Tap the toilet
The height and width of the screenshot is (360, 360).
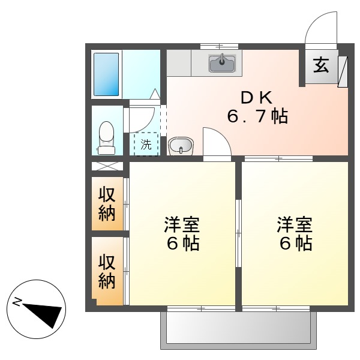point(106,137)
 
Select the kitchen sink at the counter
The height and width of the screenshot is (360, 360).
point(222,61)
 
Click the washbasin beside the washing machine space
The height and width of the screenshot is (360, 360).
point(181,146)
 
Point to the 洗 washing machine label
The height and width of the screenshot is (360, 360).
point(146,144)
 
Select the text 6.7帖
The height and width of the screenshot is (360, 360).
point(257,116)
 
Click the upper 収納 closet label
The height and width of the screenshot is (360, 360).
point(107,204)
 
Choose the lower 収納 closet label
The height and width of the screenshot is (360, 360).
point(107,271)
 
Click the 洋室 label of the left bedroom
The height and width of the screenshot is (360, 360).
point(182,225)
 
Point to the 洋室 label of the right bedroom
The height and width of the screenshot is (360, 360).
point(294,225)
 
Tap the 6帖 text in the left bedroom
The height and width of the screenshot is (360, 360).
point(182,244)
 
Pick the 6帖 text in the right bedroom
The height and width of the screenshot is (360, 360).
point(294,244)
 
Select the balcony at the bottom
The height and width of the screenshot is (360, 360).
point(238,329)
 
